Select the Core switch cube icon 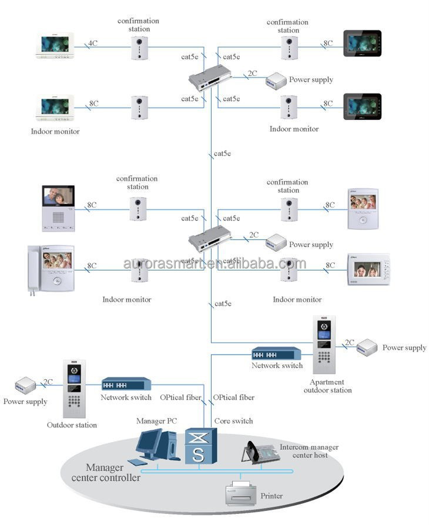[200, 447]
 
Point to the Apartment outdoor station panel [324, 345]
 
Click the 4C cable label [92, 43]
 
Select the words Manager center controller [105, 473]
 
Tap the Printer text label [271, 496]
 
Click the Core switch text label [233, 421]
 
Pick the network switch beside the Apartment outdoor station [276, 353]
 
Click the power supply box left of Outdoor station [26, 386]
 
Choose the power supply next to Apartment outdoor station [367, 347]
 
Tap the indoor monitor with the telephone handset [51, 269]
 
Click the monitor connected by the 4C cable [55, 46]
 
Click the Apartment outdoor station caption [327, 386]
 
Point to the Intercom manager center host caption [309, 451]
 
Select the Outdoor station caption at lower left [72, 424]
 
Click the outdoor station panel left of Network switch [74, 388]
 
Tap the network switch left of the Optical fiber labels [126, 384]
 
